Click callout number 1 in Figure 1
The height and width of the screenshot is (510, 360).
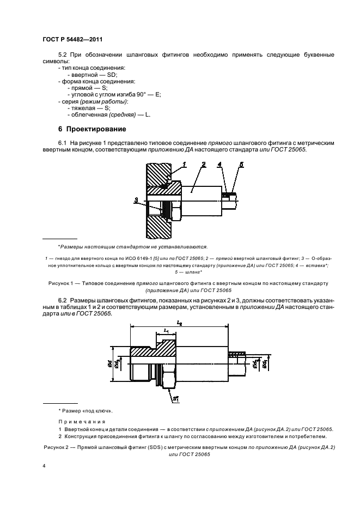[185, 164]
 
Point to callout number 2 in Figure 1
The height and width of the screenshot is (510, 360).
[203, 164]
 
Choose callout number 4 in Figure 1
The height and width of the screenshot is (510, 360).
[219, 164]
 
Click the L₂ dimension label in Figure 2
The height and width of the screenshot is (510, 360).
[179, 324]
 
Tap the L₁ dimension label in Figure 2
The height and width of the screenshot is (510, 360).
[166, 331]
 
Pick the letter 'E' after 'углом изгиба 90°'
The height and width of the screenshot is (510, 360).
[158, 94]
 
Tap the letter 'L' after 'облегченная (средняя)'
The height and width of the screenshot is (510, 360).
[148, 114]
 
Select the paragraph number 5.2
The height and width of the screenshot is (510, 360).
[64, 54]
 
